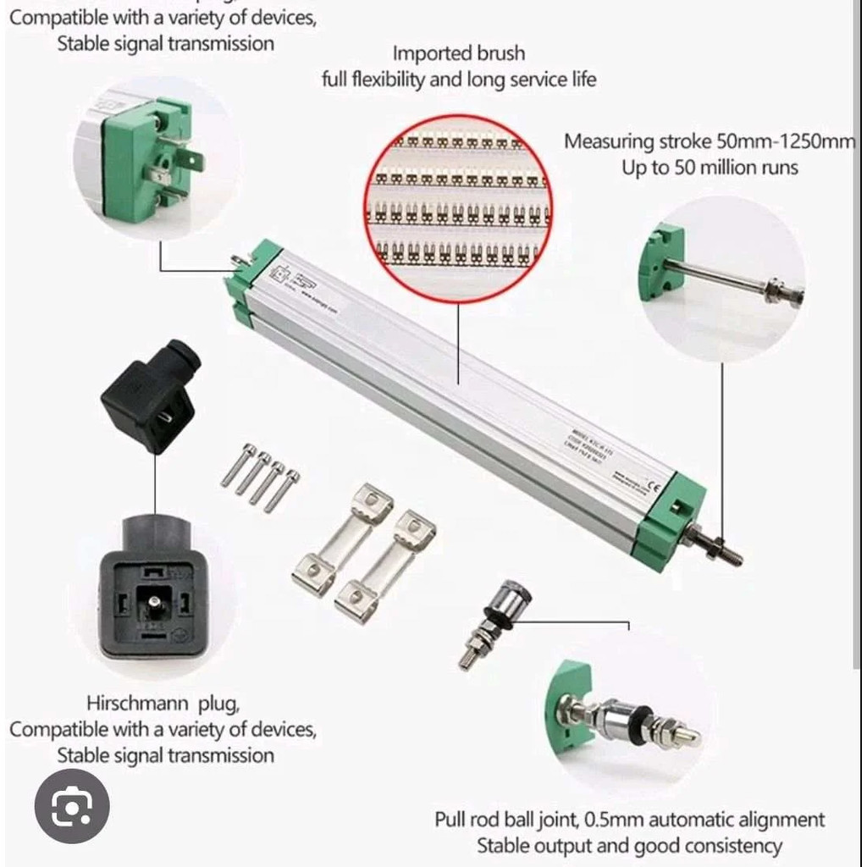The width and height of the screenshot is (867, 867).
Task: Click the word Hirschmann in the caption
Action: [x=139, y=703]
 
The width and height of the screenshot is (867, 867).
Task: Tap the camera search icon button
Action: [x=71, y=805]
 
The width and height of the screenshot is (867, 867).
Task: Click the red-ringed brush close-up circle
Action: [x=457, y=207]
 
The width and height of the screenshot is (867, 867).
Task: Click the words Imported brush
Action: [x=458, y=53]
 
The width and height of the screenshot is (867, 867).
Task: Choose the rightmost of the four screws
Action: [x=282, y=491]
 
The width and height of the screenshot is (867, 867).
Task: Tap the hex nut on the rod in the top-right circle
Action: [x=772, y=290]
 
